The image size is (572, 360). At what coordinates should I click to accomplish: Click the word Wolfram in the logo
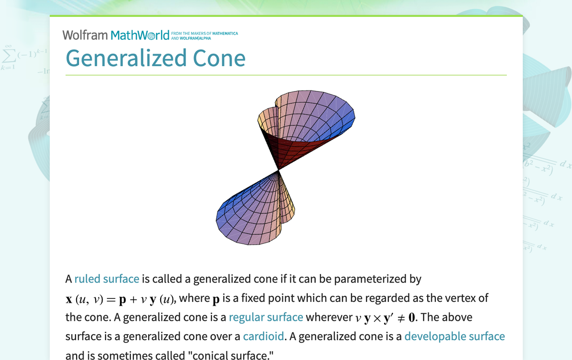(x=85, y=35)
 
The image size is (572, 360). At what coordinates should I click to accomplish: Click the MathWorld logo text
(x=140, y=35)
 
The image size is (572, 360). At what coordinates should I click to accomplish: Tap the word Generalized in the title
(x=126, y=59)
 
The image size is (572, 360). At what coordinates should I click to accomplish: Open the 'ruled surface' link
(x=106, y=278)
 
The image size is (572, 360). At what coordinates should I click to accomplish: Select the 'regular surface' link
(x=266, y=317)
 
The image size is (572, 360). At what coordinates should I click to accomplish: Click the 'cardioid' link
(x=264, y=336)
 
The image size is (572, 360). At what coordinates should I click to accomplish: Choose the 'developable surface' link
(x=455, y=336)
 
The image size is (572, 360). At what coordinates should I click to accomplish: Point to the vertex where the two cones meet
(x=279, y=171)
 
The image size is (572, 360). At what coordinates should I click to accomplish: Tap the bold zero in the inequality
(x=411, y=317)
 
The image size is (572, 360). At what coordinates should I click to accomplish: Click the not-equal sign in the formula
(x=401, y=318)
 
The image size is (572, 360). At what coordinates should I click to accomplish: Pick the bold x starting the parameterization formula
(x=69, y=300)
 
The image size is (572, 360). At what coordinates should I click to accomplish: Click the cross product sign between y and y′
(x=377, y=318)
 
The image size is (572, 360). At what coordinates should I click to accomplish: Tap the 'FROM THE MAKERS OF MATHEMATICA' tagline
(x=204, y=33)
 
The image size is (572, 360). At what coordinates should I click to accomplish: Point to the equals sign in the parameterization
(x=111, y=300)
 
